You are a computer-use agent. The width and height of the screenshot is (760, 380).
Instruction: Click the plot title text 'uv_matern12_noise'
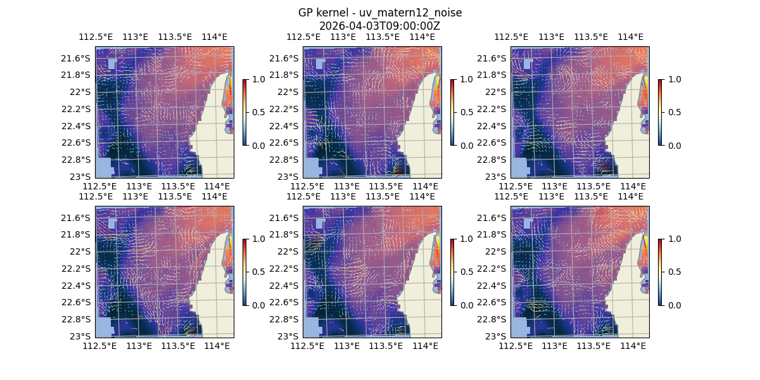point(415,13)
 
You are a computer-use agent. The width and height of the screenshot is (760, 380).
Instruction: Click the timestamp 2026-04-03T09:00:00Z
point(379,26)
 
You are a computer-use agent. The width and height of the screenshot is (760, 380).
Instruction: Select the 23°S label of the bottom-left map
point(83,336)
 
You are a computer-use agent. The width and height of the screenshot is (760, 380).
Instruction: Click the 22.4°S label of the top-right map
point(495,125)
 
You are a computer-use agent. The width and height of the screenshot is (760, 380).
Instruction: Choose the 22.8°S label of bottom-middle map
point(287,319)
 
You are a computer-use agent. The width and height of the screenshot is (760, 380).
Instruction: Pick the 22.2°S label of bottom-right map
point(495,269)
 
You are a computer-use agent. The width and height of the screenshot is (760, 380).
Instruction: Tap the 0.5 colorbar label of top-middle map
point(466,112)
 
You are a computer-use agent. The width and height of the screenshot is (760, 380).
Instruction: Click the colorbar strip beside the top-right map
point(660,112)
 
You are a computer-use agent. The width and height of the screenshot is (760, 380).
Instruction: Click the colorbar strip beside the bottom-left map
point(244,272)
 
